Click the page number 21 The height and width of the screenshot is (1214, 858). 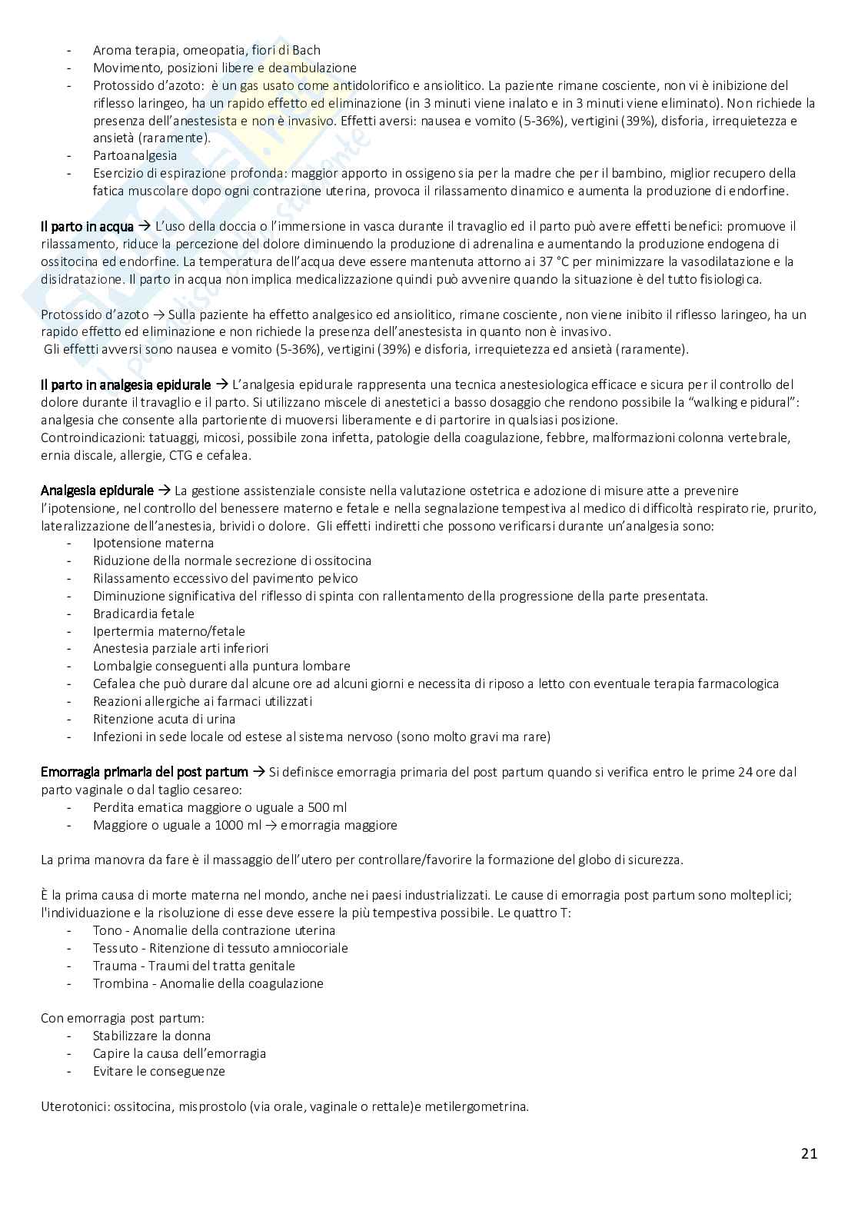tap(809, 1153)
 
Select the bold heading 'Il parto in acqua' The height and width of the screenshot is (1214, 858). tap(87, 226)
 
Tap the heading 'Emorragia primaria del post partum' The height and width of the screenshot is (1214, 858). tap(145, 772)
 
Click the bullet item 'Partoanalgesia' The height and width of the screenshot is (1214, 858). tap(135, 155)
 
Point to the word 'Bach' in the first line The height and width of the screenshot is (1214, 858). tap(305, 50)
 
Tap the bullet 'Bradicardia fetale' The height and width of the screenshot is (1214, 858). tap(144, 614)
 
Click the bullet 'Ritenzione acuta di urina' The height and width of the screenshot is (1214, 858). tap(164, 719)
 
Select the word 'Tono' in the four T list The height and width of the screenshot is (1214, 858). tap(107, 930)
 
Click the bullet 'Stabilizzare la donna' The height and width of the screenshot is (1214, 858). tap(151, 1036)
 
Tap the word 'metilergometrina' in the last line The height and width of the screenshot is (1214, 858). tap(481, 1106)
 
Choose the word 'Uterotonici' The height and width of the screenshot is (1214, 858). tap(74, 1106)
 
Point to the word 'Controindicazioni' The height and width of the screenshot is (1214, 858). tap(88, 437)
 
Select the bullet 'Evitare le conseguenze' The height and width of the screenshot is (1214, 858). tap(158, 1071)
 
